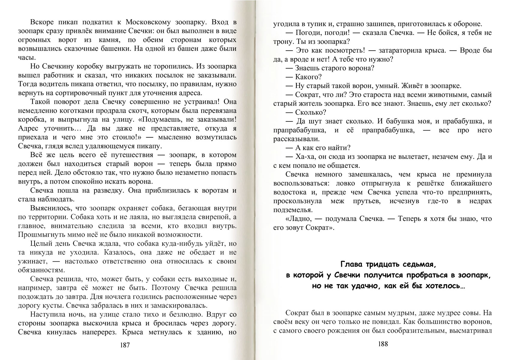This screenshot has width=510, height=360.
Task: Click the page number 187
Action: click(x=124, y=345)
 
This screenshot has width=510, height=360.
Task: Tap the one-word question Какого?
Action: click(x=308, y=77)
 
